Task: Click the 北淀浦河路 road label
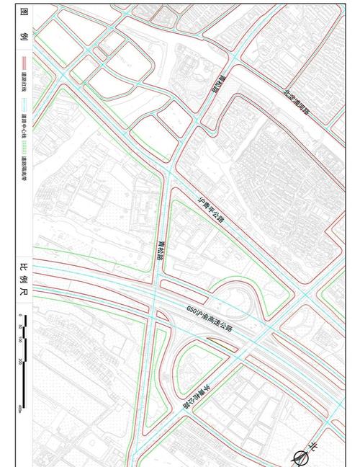295,103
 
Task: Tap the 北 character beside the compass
313,448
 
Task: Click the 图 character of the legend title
24,15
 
